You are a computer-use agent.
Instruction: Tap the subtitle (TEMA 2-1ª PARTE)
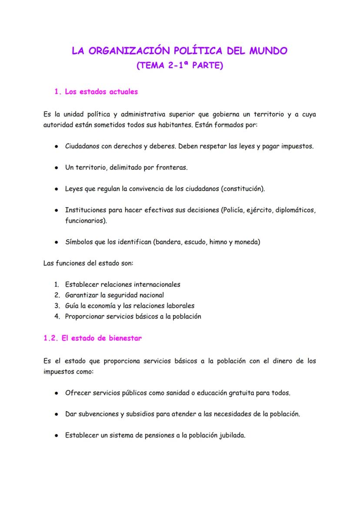[x=180, y=66]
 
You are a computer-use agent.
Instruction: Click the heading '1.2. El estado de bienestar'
[x=93, y=339]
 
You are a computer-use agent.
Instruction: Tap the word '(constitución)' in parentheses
[x=243, y=189]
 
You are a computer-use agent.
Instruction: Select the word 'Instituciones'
[x=86, y=210]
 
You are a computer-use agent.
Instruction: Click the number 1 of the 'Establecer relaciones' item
[x=57, y=285]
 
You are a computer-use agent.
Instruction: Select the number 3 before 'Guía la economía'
[x=57, y=306]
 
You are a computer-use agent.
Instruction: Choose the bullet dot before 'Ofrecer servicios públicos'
[x=57, y=393]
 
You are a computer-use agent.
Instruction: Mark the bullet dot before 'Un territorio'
[x=57, y=168]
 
